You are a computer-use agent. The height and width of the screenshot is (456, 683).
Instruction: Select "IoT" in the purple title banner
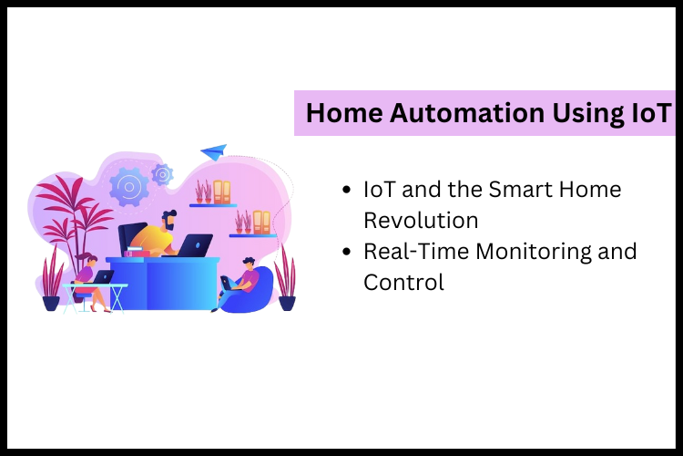[x=643, y=113]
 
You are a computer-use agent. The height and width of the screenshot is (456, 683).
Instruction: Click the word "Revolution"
[x=421, y=220]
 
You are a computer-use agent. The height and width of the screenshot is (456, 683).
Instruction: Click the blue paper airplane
[x=214, y=150]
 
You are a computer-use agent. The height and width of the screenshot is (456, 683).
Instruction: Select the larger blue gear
[x=128, y=187]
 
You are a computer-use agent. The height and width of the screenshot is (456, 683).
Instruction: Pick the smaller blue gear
[x=163, y=173]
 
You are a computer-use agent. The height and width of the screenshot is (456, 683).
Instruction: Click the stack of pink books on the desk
[x=137, y=252]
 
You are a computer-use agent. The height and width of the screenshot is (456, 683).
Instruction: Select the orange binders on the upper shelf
[x=222, y=191]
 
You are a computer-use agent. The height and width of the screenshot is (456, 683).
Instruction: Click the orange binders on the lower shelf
[x=261, y=222]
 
